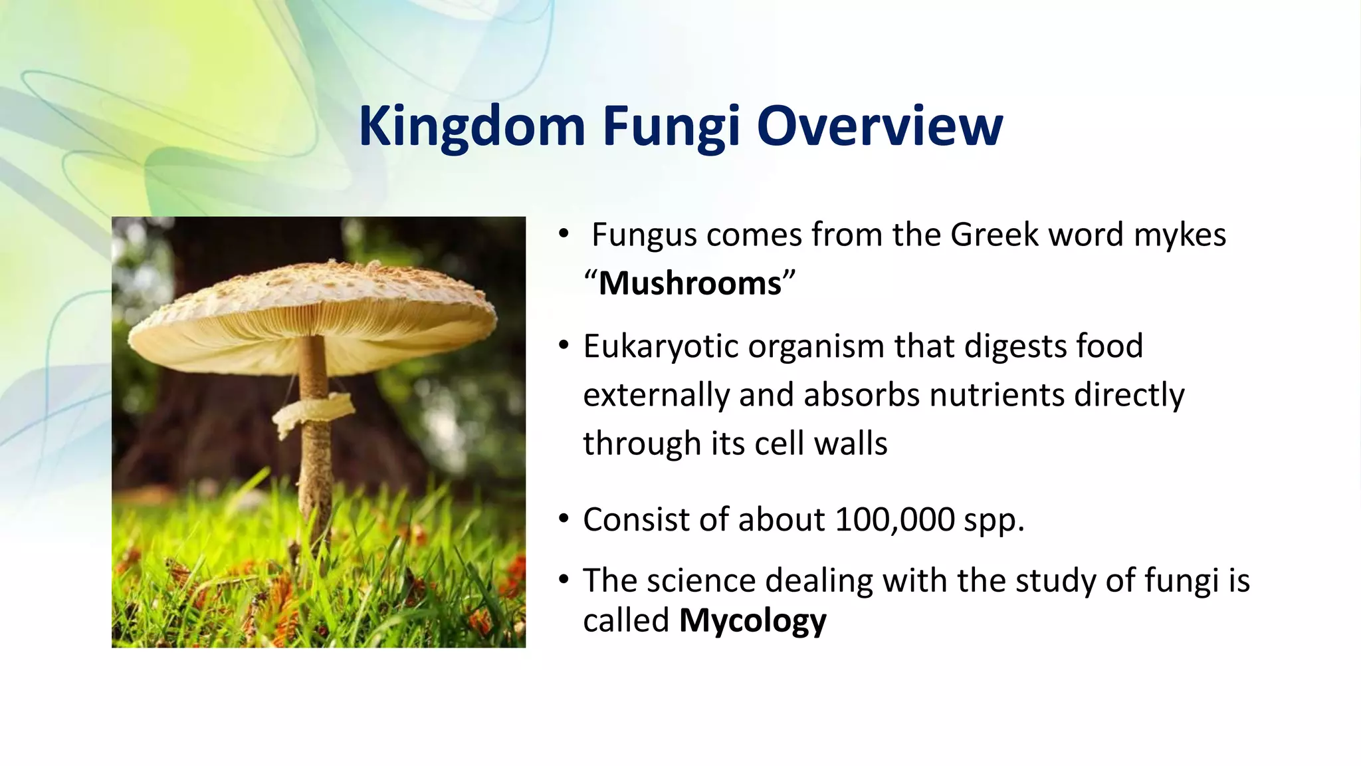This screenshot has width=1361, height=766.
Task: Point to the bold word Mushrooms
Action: click(x=690, y=283)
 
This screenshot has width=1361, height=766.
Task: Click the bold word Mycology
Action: click(x=752, y=621)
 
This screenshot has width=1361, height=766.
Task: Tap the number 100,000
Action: click(x=894, y=519)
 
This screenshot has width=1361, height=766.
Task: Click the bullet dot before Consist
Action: click(x=564, y=519)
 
